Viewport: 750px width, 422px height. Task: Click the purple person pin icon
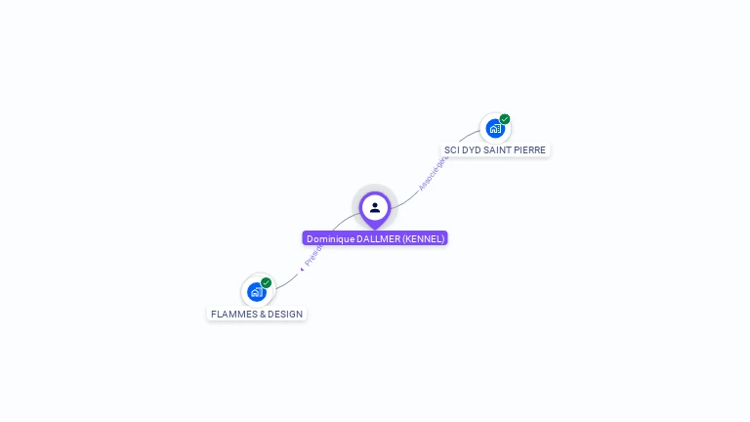(x=375, y=208)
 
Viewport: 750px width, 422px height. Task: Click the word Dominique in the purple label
(x=330, y=238)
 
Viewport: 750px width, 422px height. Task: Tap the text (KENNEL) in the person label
(x=424, y=238)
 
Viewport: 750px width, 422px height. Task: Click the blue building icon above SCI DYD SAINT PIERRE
(x=495, y=128)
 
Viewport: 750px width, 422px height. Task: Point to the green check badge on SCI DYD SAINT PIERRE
(x=505, y=119)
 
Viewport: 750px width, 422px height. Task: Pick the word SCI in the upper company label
(x=451, y=150)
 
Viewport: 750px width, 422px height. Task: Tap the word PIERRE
(x=531, y=150)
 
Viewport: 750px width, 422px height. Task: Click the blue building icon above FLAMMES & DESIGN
(x=256, y=291)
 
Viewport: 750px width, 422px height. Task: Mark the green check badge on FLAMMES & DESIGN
(x=266, y=282)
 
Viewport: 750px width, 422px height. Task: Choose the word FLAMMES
(x=231, y=315)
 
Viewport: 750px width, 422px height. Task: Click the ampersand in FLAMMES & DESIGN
(x=259, y=315)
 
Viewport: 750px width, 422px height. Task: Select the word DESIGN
(x=283, y=315)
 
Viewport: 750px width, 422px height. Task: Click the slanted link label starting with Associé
(x=431, y=174)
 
